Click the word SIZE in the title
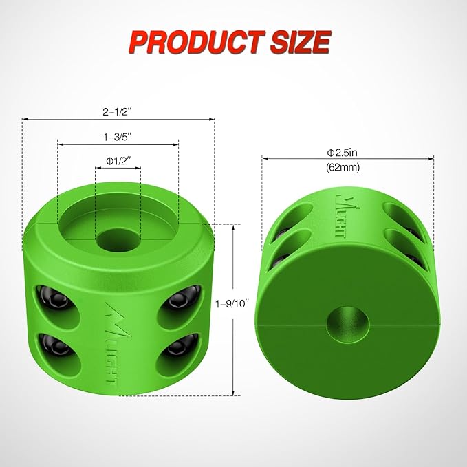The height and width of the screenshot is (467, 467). [298, 42]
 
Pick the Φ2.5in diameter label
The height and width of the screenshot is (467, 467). [347, 151]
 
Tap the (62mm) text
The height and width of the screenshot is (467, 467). [347, 166]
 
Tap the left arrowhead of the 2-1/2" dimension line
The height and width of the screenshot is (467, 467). [25, 119]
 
